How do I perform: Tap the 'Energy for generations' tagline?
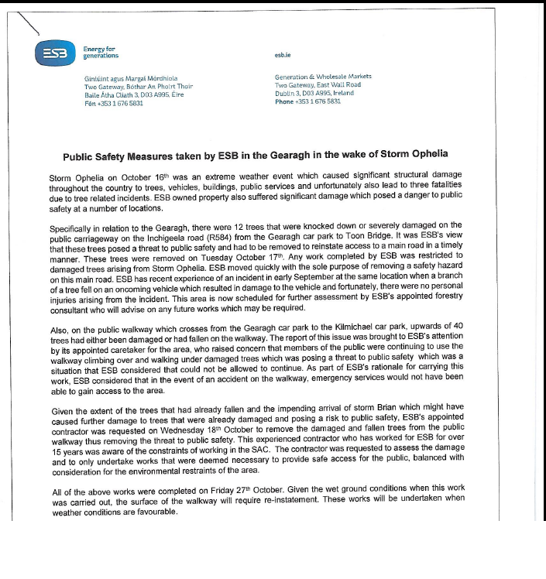[x=101, y=53]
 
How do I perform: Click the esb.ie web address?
[x=283, y=55]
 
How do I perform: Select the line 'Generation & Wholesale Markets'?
[x=323, y=77]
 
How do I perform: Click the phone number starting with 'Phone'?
[x=307, y=101]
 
